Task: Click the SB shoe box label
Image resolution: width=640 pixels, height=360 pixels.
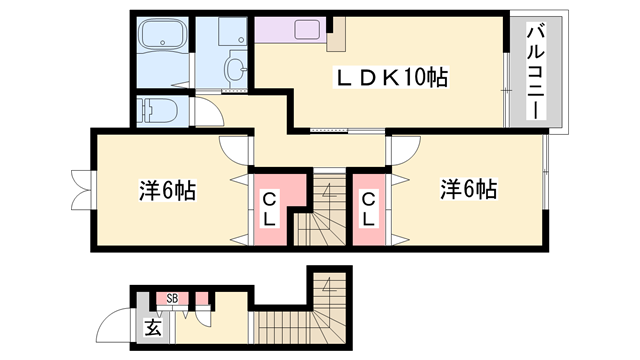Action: [172, 298]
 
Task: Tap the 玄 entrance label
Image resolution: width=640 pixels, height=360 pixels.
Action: [152, 327]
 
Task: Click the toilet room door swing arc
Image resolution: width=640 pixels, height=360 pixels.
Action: [207, 112]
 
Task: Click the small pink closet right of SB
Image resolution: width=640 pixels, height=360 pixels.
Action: [202, 297]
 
